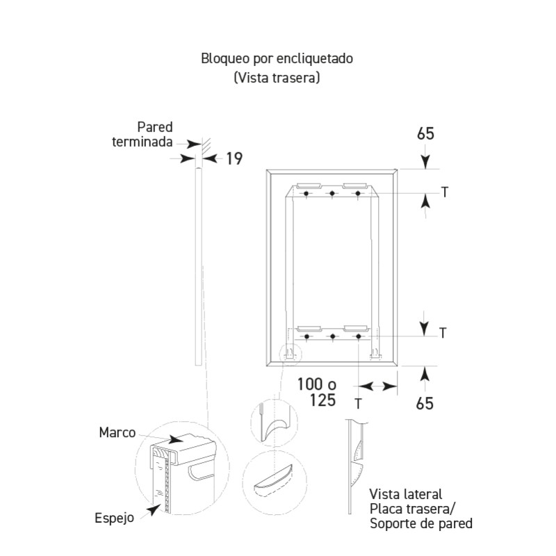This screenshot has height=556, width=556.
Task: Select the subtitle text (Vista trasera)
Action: click(277, 78)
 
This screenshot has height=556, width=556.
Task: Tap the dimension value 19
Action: click(234, 159)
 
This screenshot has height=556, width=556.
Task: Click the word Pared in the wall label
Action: click(154, 127)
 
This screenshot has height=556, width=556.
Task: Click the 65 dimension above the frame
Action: click(426, 133)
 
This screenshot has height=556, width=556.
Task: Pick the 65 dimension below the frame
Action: click(426, 402)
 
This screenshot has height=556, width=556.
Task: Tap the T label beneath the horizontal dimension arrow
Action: click(358, 402)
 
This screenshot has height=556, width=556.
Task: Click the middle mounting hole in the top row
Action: click(332, 193)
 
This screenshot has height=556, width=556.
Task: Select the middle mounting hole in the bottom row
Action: click(332, 337)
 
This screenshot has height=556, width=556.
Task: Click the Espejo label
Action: click(114, 518)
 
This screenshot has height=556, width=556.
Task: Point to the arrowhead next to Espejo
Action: click(152, 512)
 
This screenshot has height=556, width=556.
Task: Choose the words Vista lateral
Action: click(406, 494)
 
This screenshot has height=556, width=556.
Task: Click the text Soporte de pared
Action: click(421, 523)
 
